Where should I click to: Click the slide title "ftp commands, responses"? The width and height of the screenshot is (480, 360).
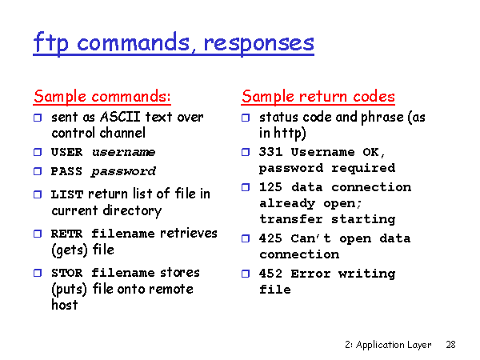click(x=174, y=43)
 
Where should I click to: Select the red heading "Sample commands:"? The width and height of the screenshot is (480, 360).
click(x=102, y=97)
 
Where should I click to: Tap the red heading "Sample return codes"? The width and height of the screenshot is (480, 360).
click(x=318, y=97)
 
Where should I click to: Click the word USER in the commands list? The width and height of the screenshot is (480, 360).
click(x=66, y=152)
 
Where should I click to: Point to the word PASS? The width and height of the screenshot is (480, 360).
click(x=66, y=171)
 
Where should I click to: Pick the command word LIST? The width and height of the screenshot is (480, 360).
click(x=67, y=194)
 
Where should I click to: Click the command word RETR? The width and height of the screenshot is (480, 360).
click(x=66, y=234)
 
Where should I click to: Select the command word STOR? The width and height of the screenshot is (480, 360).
click(x=66, y=273)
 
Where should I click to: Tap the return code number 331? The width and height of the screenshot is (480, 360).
click(x=270, y=152)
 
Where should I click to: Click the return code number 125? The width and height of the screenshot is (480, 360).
click(x=270, y=187)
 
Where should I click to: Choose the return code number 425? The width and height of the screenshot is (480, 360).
click(x=270, y=238)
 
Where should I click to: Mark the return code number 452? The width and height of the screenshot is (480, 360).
click(x=270, y=274)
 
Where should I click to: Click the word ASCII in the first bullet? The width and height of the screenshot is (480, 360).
click(x=120, y=117)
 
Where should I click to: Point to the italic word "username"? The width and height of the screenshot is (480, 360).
click(x=124, y=152)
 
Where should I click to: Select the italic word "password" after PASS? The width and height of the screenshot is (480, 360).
click(x=124, y=172)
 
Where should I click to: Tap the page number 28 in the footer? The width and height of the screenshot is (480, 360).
click(x=450, y=345)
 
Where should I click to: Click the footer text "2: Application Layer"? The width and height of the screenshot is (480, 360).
click(x=388, y=345)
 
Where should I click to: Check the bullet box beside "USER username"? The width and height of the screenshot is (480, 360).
click(x=38, y=152)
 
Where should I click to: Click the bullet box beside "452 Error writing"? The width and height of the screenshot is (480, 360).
click(x=246, y=274)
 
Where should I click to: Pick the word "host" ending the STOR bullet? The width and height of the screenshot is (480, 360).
click(x=65, y=305)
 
